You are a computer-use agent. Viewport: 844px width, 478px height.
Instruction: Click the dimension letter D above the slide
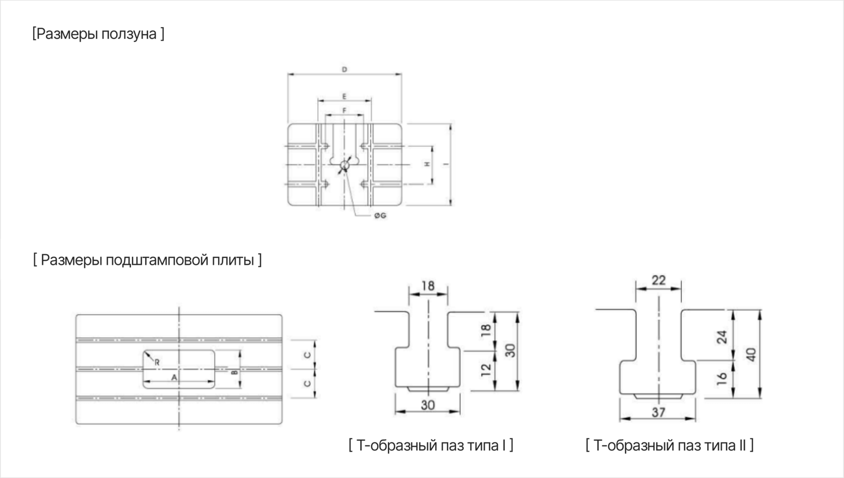coord(345,69)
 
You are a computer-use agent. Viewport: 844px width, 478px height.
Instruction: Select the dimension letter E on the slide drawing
coord(345,97)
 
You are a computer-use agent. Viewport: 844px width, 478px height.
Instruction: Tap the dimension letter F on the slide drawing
coord(345,111)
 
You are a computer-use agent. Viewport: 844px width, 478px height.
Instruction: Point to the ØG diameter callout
coord(380,216)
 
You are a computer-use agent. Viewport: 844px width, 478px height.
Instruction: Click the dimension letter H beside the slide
coord(427,164)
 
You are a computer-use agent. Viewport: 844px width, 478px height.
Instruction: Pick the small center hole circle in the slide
coord(345,165)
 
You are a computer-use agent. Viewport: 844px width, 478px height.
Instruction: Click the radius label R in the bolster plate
coord(157,363)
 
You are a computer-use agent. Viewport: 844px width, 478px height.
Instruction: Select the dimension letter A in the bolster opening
coord(174,377)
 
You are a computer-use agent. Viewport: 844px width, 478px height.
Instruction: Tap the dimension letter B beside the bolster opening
coord(234,372)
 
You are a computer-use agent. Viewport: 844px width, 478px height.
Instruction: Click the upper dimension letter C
coord(307,355)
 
